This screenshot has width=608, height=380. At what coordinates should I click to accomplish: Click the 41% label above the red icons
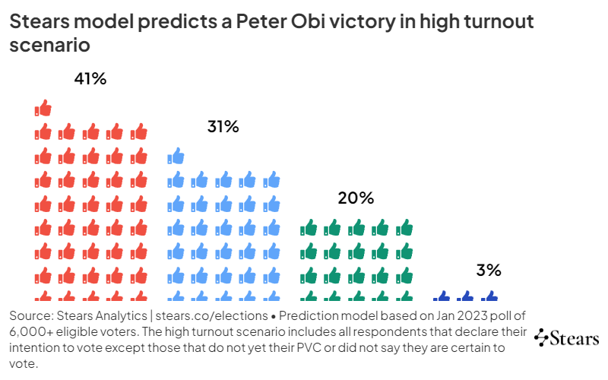point(90,79)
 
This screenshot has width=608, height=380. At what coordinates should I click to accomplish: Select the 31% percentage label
point(223,127)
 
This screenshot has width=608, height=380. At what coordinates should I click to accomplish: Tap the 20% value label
point(356,198)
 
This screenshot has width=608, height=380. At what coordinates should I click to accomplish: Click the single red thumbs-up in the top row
point(43,108)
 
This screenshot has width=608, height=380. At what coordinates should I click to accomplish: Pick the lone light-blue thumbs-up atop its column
point(176,157)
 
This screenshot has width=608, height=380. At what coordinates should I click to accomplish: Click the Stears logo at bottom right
point(567,338)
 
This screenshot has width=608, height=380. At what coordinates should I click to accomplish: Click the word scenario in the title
point(50,45)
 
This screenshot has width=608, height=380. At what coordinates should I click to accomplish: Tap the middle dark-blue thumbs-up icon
point(465,297)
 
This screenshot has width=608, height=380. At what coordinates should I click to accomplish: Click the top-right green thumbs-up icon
point(404,227)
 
